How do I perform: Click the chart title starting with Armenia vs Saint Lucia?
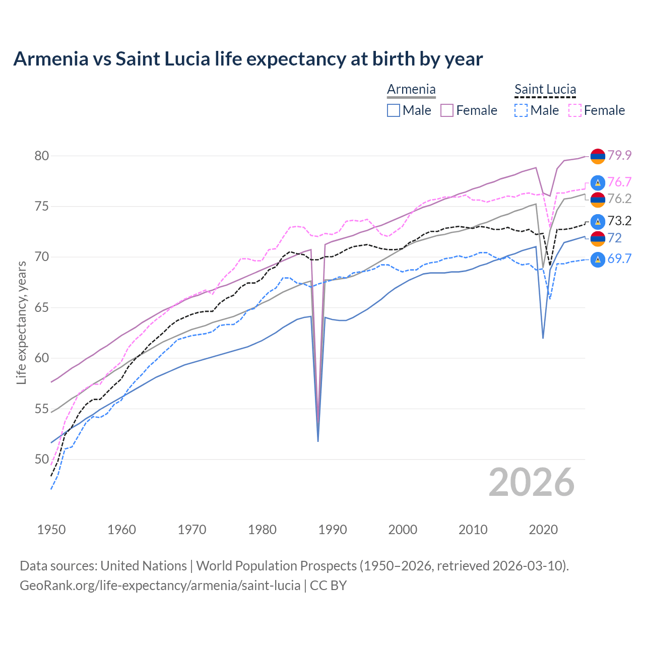[x=248, y=59]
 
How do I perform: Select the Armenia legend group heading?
[x=411, y=90]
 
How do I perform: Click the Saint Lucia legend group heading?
[x=545, y=90]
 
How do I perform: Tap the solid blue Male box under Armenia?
[x=394, y=110]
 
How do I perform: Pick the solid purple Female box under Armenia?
[x=447, y=110]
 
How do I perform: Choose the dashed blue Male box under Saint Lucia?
[x=521, y=110]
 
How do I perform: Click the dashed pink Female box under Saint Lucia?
[x=574, y=110]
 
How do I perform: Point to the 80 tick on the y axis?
[x=42, y=156]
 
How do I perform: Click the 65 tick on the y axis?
[x=42, y=307]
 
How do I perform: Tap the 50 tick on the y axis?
[x=42, y=459]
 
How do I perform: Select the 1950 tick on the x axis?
[x=51, y=530]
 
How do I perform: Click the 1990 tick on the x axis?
[x=333, y=530]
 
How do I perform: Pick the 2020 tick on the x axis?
[x=543, y=530]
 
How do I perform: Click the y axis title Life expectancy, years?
[x=21, y=322]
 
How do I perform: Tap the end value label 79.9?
[x=619, y=155]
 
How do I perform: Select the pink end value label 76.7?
[x=619, y=182]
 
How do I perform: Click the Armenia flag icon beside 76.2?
[x=598, y=200]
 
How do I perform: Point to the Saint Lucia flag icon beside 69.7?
[x=598, y=260]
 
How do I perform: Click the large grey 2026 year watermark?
[x=532, y=482]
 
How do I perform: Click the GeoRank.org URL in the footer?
[x=160, y=586]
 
